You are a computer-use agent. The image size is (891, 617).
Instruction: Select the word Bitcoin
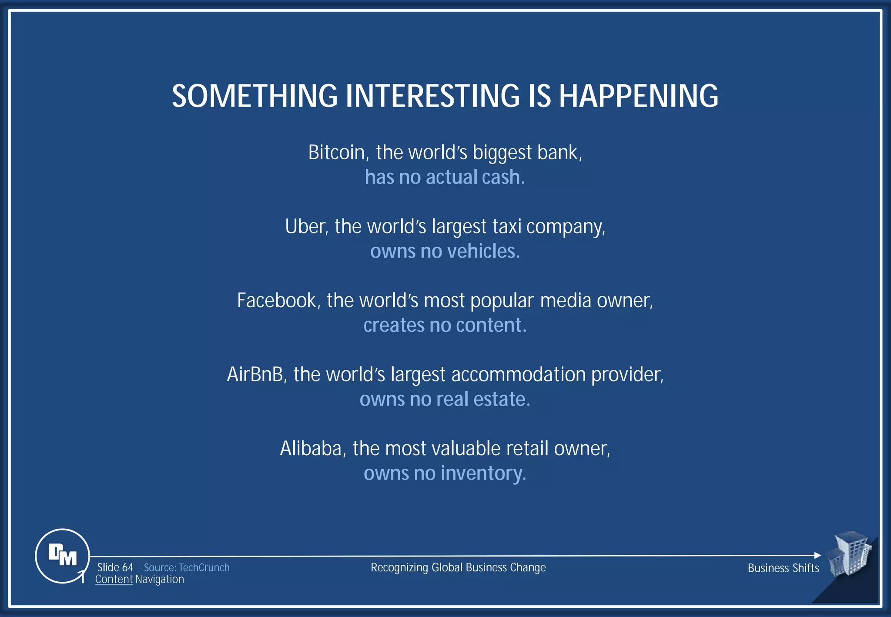point(336,153)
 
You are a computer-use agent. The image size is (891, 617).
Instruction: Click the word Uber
point(304,227)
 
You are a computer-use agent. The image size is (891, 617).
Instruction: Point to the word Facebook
point(277,301)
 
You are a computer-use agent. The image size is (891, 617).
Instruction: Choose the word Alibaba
point(311,449)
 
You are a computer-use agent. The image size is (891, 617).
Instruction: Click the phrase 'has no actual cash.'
point(445,177)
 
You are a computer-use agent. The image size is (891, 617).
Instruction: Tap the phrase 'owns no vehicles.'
point(445,251)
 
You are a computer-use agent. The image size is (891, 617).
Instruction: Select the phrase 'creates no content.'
point(445,325)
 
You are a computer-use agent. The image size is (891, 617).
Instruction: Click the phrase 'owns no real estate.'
point(445,399)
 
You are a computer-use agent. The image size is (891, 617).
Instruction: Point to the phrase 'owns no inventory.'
point(445,473)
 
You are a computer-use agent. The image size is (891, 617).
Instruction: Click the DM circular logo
point(62,556)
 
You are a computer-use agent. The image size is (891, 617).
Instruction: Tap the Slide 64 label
point(115,567)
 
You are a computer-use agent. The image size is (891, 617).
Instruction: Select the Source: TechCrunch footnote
point(187,567)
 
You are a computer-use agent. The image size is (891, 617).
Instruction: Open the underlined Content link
point(114,580)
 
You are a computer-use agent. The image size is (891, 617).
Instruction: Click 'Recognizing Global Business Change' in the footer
point(458,567)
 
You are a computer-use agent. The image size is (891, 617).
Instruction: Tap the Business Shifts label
point(783,568)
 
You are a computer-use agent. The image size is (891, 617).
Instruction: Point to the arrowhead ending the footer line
point(817,555)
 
